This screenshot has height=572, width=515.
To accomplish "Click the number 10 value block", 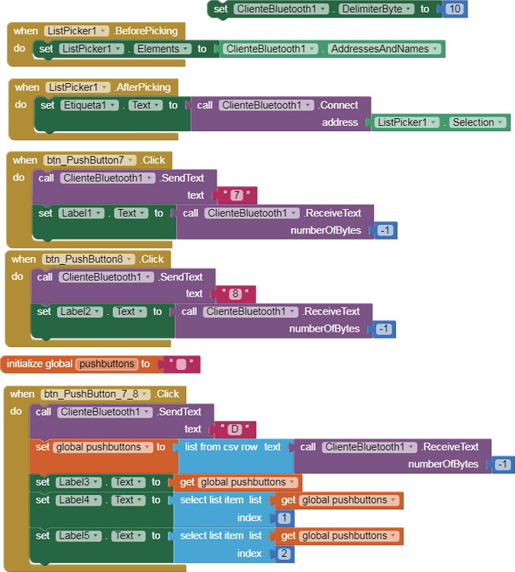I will tap(455, 9).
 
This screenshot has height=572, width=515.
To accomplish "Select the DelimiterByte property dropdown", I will tap(377, 9).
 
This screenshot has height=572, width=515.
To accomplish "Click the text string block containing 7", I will tap(236, 195).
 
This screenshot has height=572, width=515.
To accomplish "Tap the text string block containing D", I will tap(235, 429).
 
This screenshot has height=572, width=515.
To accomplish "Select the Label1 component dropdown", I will tap(81, 214).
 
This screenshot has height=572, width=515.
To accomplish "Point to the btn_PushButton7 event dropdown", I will tap(89, 160).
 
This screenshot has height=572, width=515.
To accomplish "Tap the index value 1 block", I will tap(284, 518).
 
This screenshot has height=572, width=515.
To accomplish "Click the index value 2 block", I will tap(284, 554).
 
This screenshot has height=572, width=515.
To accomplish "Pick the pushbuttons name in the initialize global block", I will tap(106, 364).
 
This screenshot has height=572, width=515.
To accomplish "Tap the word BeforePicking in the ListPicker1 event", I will tap(147, 31).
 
